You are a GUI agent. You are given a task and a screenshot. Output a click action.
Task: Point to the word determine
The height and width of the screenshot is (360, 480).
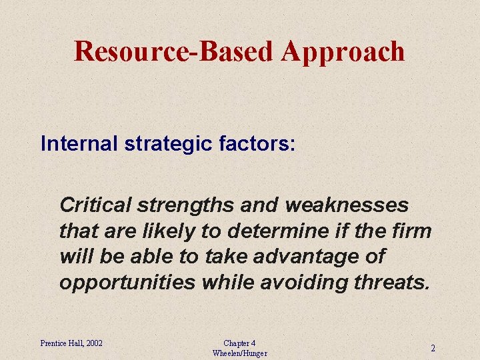[278, 231]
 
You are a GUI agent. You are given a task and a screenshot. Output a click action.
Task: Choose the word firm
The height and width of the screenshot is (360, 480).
[413, 231]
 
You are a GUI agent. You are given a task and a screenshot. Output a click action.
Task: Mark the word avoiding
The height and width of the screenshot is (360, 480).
[293, 283]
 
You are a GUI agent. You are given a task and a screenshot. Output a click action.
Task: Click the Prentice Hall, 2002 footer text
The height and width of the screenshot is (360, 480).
[71, 343]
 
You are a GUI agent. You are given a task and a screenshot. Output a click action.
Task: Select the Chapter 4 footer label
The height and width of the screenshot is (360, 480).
[239, 343]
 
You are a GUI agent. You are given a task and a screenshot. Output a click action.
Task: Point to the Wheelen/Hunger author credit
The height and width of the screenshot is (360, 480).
[239, 353]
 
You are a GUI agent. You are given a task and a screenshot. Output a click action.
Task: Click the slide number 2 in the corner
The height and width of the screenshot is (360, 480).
[433, 348]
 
